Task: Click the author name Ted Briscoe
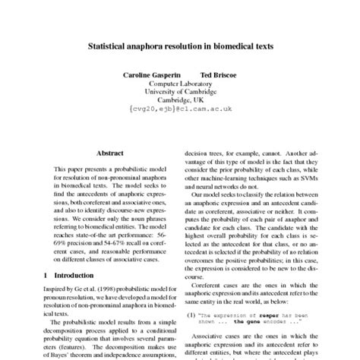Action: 217,75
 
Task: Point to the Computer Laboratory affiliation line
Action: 181,84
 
